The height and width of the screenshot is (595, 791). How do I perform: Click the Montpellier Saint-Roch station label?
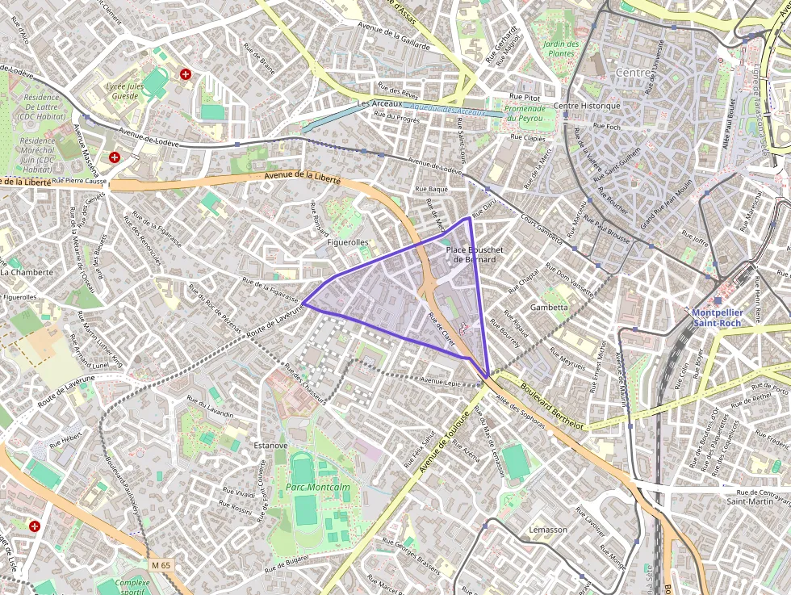(x=716, y=317)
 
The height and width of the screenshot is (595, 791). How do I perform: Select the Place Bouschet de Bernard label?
(x=475, y=254)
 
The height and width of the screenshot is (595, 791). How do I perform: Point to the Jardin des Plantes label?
(x=560, y=48)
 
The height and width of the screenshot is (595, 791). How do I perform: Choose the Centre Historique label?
(x=587, y=106)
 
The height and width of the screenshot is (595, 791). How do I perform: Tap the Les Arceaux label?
(x=379, y=104)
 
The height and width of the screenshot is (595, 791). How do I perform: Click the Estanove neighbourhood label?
(x=270, y=445)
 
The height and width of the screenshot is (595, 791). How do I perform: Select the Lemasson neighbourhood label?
(x=548, y=530)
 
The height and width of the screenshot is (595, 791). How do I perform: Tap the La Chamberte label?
(x=27, y=272)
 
